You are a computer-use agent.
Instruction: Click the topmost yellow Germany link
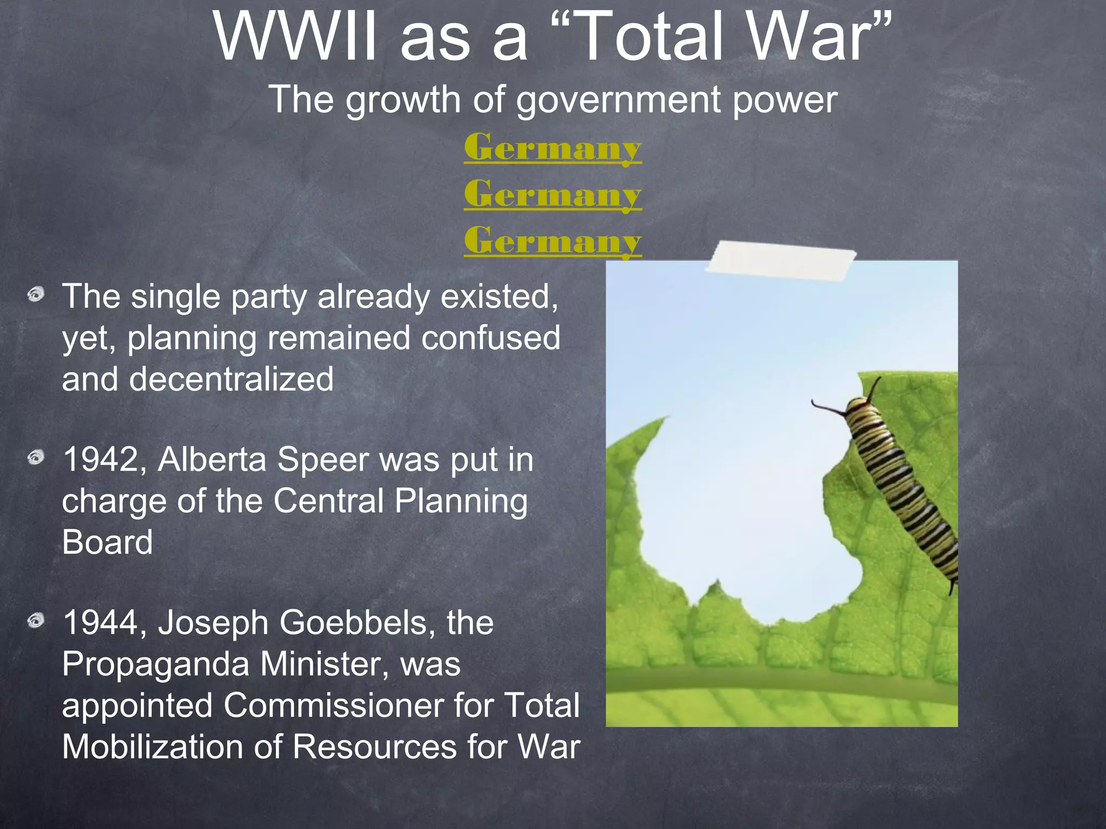tap(552, 147)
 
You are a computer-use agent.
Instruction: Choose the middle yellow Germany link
tap(552, 194)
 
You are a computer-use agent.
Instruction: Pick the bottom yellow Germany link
tap(552, 240)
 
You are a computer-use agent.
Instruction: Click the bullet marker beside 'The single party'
tap(36, 295)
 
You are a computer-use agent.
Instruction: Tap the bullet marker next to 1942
tap(36, 458)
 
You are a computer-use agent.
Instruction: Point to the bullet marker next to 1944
tap(36, 621)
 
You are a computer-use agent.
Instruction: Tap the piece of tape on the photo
tap(781, 262)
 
